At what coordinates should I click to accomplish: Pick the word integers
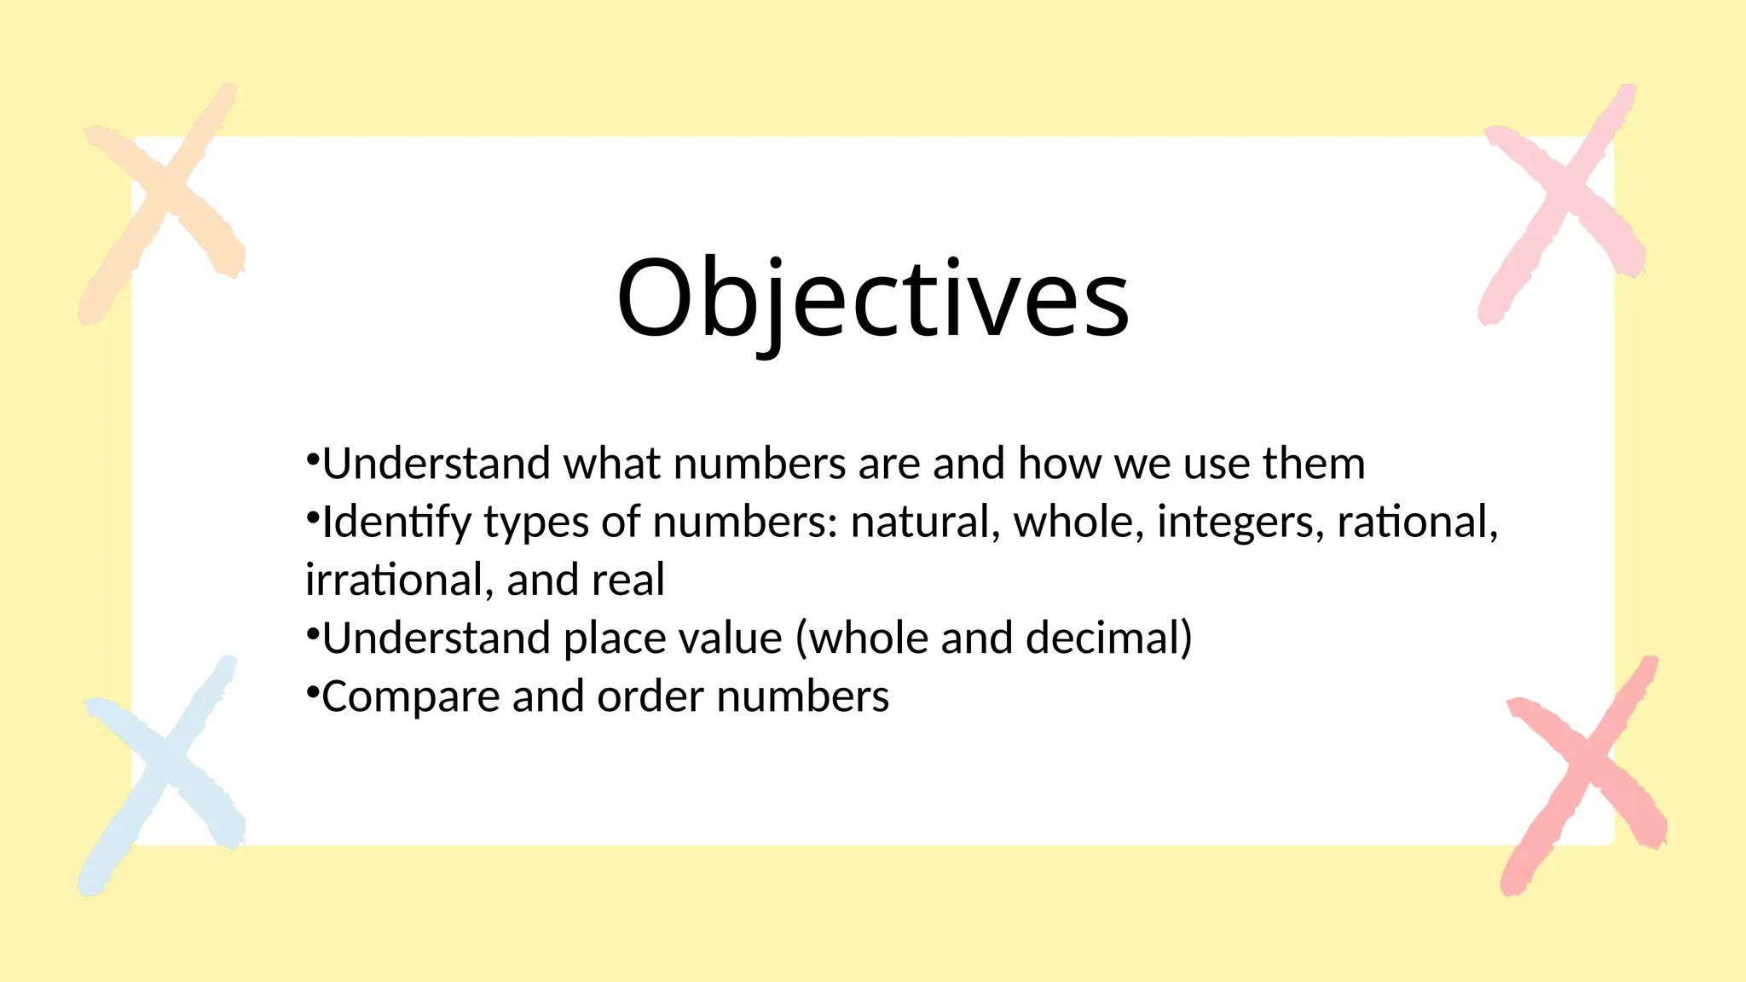click(1240, 522)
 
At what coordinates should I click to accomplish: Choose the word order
click(650, 696)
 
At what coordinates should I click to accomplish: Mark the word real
click(628, 580)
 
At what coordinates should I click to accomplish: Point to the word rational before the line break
click(1416, 522)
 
